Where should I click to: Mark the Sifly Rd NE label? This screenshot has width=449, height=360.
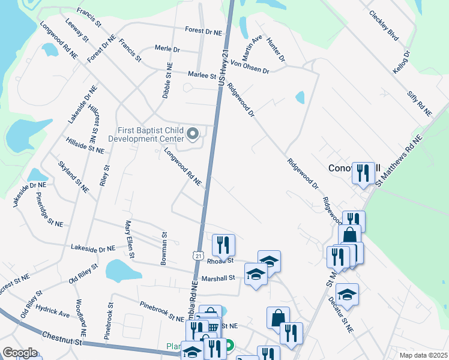point(420,103)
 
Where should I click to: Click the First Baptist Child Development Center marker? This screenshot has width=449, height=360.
point(193,134)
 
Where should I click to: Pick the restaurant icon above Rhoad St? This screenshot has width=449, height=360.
point(223,244)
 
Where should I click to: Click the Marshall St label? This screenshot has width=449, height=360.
point(218,278)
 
